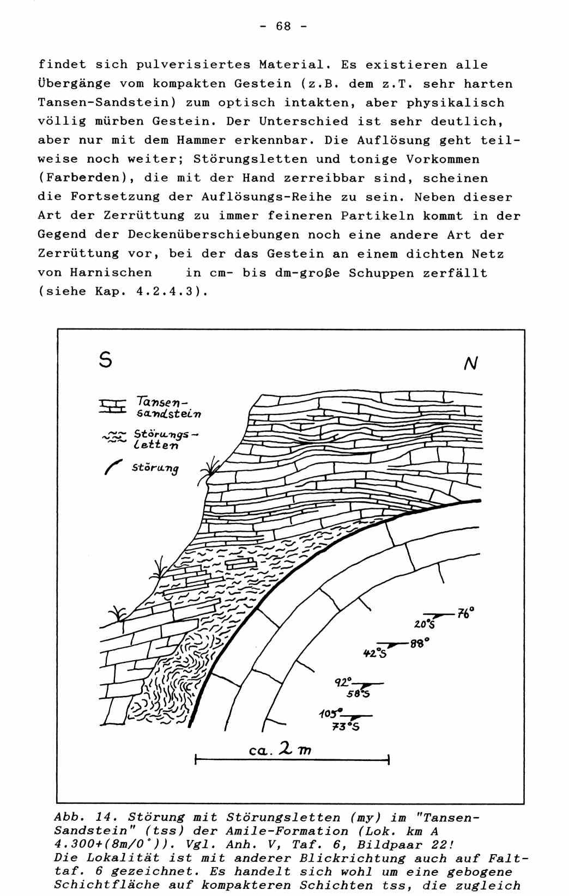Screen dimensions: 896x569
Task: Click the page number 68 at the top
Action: [x=283, y=26]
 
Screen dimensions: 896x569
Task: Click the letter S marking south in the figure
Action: [x=106, y=359]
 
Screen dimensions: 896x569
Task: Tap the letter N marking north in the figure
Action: [x=471, y=363]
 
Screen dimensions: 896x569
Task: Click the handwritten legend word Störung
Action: [x=155, y=468]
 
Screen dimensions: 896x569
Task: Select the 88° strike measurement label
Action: [x=420, y=643]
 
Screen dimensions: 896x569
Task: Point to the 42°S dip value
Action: [x=375, y=652]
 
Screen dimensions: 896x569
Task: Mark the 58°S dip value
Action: [x=359, y=694]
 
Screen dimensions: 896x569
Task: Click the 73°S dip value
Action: [x=346, y=726]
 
